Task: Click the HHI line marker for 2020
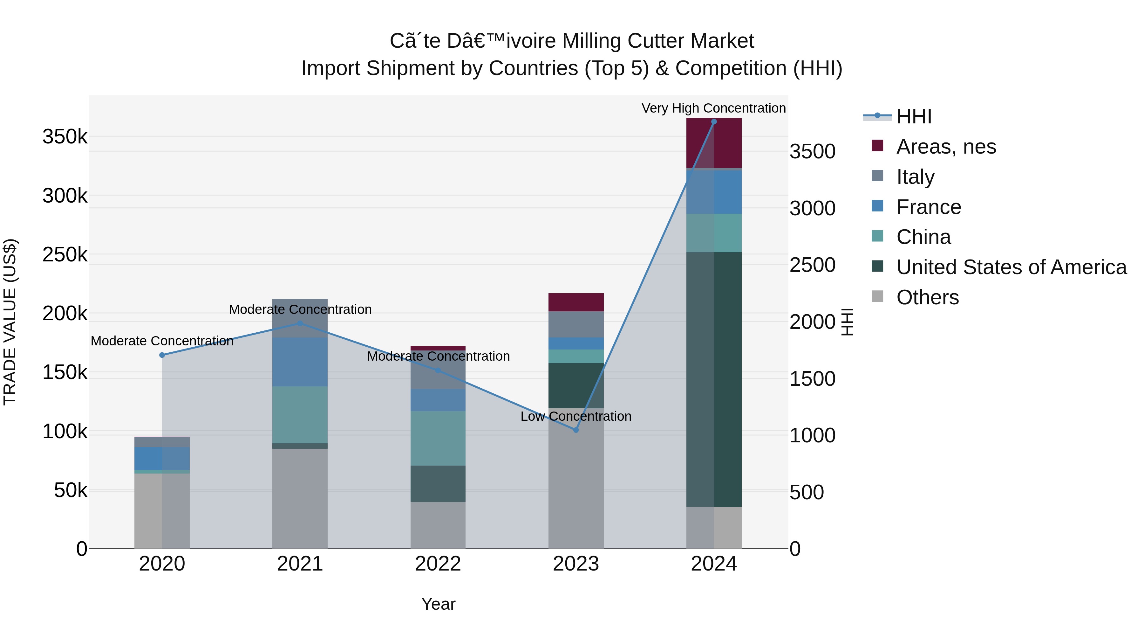tap(162, 355)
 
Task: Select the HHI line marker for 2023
tap(576, 430)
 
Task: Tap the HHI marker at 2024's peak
tap(714, 122)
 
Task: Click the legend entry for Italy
tap(915, 177)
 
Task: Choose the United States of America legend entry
tap(1011, 267)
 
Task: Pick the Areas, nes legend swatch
tap(877, 146)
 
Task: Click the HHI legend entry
tap(914, 116)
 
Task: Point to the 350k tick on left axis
tap(65, 137)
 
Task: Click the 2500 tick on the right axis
tap(812, 265)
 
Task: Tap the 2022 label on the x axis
tap(438, 564)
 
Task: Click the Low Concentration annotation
tap(576, 416)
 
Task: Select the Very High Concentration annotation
tap(714, 108)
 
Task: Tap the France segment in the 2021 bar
tap(300, 362)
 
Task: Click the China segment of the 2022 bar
tap(438, 438)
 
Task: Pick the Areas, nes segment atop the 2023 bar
tap(576, 302)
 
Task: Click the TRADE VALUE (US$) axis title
tap(10, 322)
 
